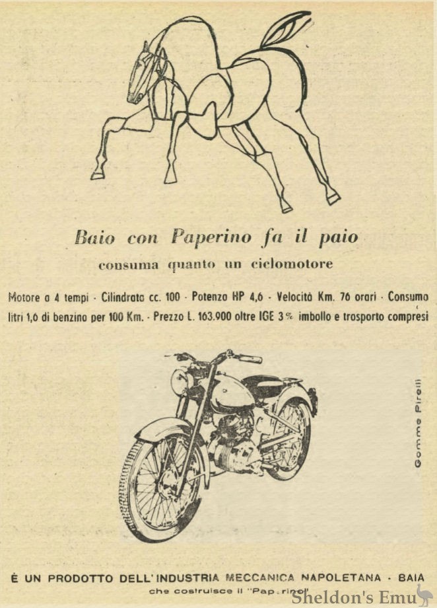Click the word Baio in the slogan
pyautogui.click(x=94, y=237)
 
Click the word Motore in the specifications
pyautogui.click(x=24, y=297)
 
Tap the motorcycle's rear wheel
pyautogui.click(x=290, y=439)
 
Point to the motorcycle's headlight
pyautogui.click(x=180, y=382)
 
